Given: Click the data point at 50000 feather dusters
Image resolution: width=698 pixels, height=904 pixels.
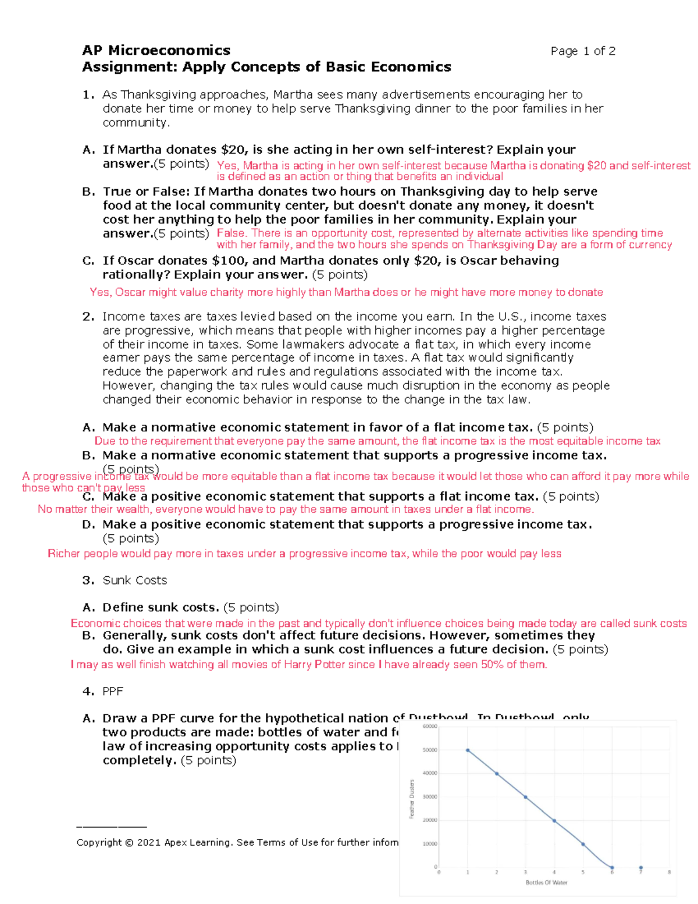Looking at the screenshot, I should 468,750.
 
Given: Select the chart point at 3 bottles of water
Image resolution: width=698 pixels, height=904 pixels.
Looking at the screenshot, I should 525,797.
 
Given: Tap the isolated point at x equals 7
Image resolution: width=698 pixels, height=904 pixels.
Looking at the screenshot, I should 640,867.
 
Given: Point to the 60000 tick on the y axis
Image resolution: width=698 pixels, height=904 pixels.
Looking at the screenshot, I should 430,726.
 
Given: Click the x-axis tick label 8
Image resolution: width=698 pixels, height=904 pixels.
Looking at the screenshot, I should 669,872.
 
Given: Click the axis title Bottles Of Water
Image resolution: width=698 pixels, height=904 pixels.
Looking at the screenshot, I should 546,882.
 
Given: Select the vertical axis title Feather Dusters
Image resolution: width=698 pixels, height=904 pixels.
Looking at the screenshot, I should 412,799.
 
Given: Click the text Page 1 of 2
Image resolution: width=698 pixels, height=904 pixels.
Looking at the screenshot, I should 583,51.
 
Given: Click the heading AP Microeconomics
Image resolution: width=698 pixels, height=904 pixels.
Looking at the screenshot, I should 156,50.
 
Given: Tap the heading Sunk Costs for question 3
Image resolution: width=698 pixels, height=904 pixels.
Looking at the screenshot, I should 134,580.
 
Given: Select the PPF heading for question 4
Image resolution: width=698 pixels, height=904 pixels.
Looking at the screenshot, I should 113,691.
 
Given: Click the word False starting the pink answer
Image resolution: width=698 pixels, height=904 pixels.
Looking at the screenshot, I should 230,233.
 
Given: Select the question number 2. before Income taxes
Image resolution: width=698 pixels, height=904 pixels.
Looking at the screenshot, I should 88,317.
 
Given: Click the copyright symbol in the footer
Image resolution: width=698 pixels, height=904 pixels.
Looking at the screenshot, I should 129,842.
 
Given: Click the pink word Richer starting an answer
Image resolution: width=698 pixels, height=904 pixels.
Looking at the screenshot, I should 64,554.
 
